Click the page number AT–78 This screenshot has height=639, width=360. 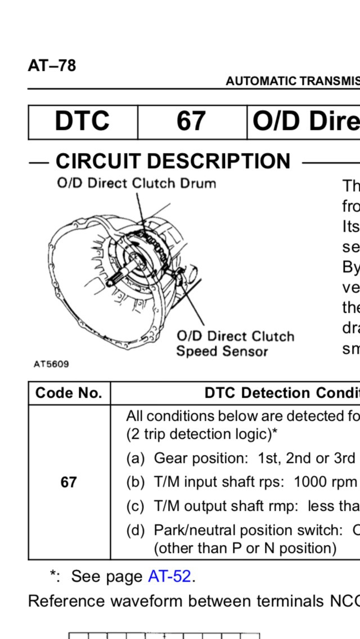click(x=52, y=66)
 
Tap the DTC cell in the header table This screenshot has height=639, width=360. click(x=82, y=121)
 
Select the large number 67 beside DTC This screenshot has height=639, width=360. click(x=191, y=121)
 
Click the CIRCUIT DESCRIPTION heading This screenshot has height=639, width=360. click(x=173, y=161)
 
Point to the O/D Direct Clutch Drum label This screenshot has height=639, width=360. click(x=136, y=183)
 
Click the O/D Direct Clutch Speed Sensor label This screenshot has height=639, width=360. click(x=235, y=344)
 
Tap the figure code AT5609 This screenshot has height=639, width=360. click(x=51, y=364)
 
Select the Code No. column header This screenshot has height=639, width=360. click(x=69, y=393)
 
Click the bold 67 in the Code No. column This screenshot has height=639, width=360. click(x=69, y=482)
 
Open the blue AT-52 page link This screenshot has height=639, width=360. click(x=170, y=577)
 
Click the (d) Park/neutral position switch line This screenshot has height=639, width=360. click(x=242, y=530)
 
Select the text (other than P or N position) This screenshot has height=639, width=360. click(x=245, y=547)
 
